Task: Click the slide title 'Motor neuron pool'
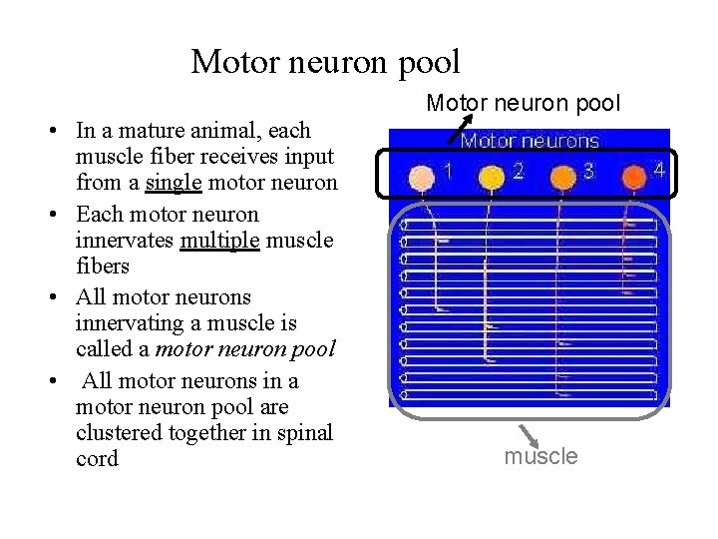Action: (325, 62)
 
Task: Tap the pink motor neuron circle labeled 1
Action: (423, 177)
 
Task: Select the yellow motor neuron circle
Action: (491, 178)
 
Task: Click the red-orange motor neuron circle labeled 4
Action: (633, 178)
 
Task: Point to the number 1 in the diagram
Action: (449, 171)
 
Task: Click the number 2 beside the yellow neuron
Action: (518, 171)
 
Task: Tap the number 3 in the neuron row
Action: (588, 171)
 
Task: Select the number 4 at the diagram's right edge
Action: (658, 171)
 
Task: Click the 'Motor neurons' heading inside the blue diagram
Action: (529, 142)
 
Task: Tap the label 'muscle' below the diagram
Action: (540, 456)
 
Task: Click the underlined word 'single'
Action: (175, 183)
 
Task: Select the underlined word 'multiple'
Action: (219, 241)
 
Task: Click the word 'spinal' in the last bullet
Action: (307, 432)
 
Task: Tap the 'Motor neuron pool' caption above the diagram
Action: (524, 103)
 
